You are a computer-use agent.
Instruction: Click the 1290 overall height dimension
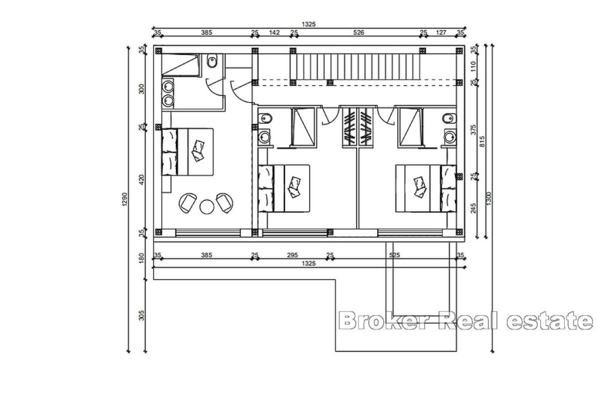tap(124, 199)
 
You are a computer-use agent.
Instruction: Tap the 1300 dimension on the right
tap(491, 199)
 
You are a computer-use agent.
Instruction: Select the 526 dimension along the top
tap(359, 33)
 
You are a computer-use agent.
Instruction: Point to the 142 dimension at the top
tap(274, 33)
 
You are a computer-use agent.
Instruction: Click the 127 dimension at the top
tap(441, 33)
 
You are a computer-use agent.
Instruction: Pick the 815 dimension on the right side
tap(482, 142)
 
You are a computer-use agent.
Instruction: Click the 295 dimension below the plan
tap(292, 255)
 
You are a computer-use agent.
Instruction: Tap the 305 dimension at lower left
tap(142, 315)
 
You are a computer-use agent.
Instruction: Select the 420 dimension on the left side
tap(142, 180)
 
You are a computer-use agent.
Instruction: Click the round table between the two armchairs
tap(207, 207)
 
